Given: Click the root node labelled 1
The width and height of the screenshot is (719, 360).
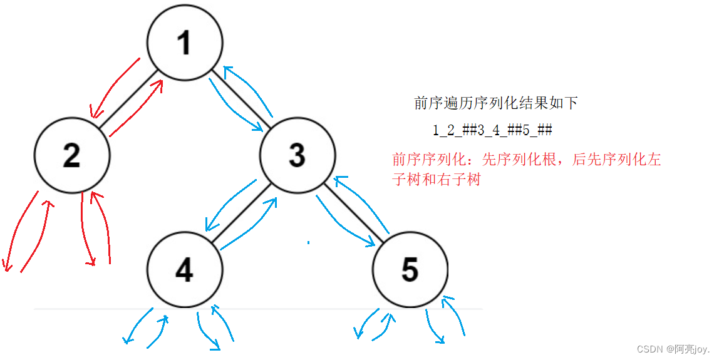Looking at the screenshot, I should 185,43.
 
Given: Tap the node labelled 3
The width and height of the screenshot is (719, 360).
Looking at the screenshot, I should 297,154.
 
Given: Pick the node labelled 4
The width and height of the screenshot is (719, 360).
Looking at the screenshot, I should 185,269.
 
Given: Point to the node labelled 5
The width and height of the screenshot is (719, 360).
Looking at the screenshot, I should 410,269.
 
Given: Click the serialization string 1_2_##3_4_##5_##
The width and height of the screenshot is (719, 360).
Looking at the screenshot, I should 492,130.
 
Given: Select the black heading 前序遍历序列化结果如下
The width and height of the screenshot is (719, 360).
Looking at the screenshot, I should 496,103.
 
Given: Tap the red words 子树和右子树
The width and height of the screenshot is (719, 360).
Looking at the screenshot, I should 436,180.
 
